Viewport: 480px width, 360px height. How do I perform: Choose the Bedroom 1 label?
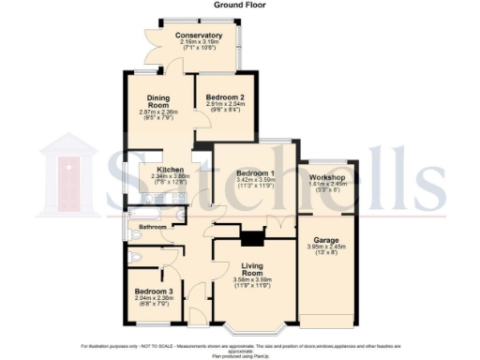click(x=254, y=173)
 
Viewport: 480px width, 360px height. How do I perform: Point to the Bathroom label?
click(x=153, y=228)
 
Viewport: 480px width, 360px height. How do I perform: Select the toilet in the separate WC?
click(x=135, y=259)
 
